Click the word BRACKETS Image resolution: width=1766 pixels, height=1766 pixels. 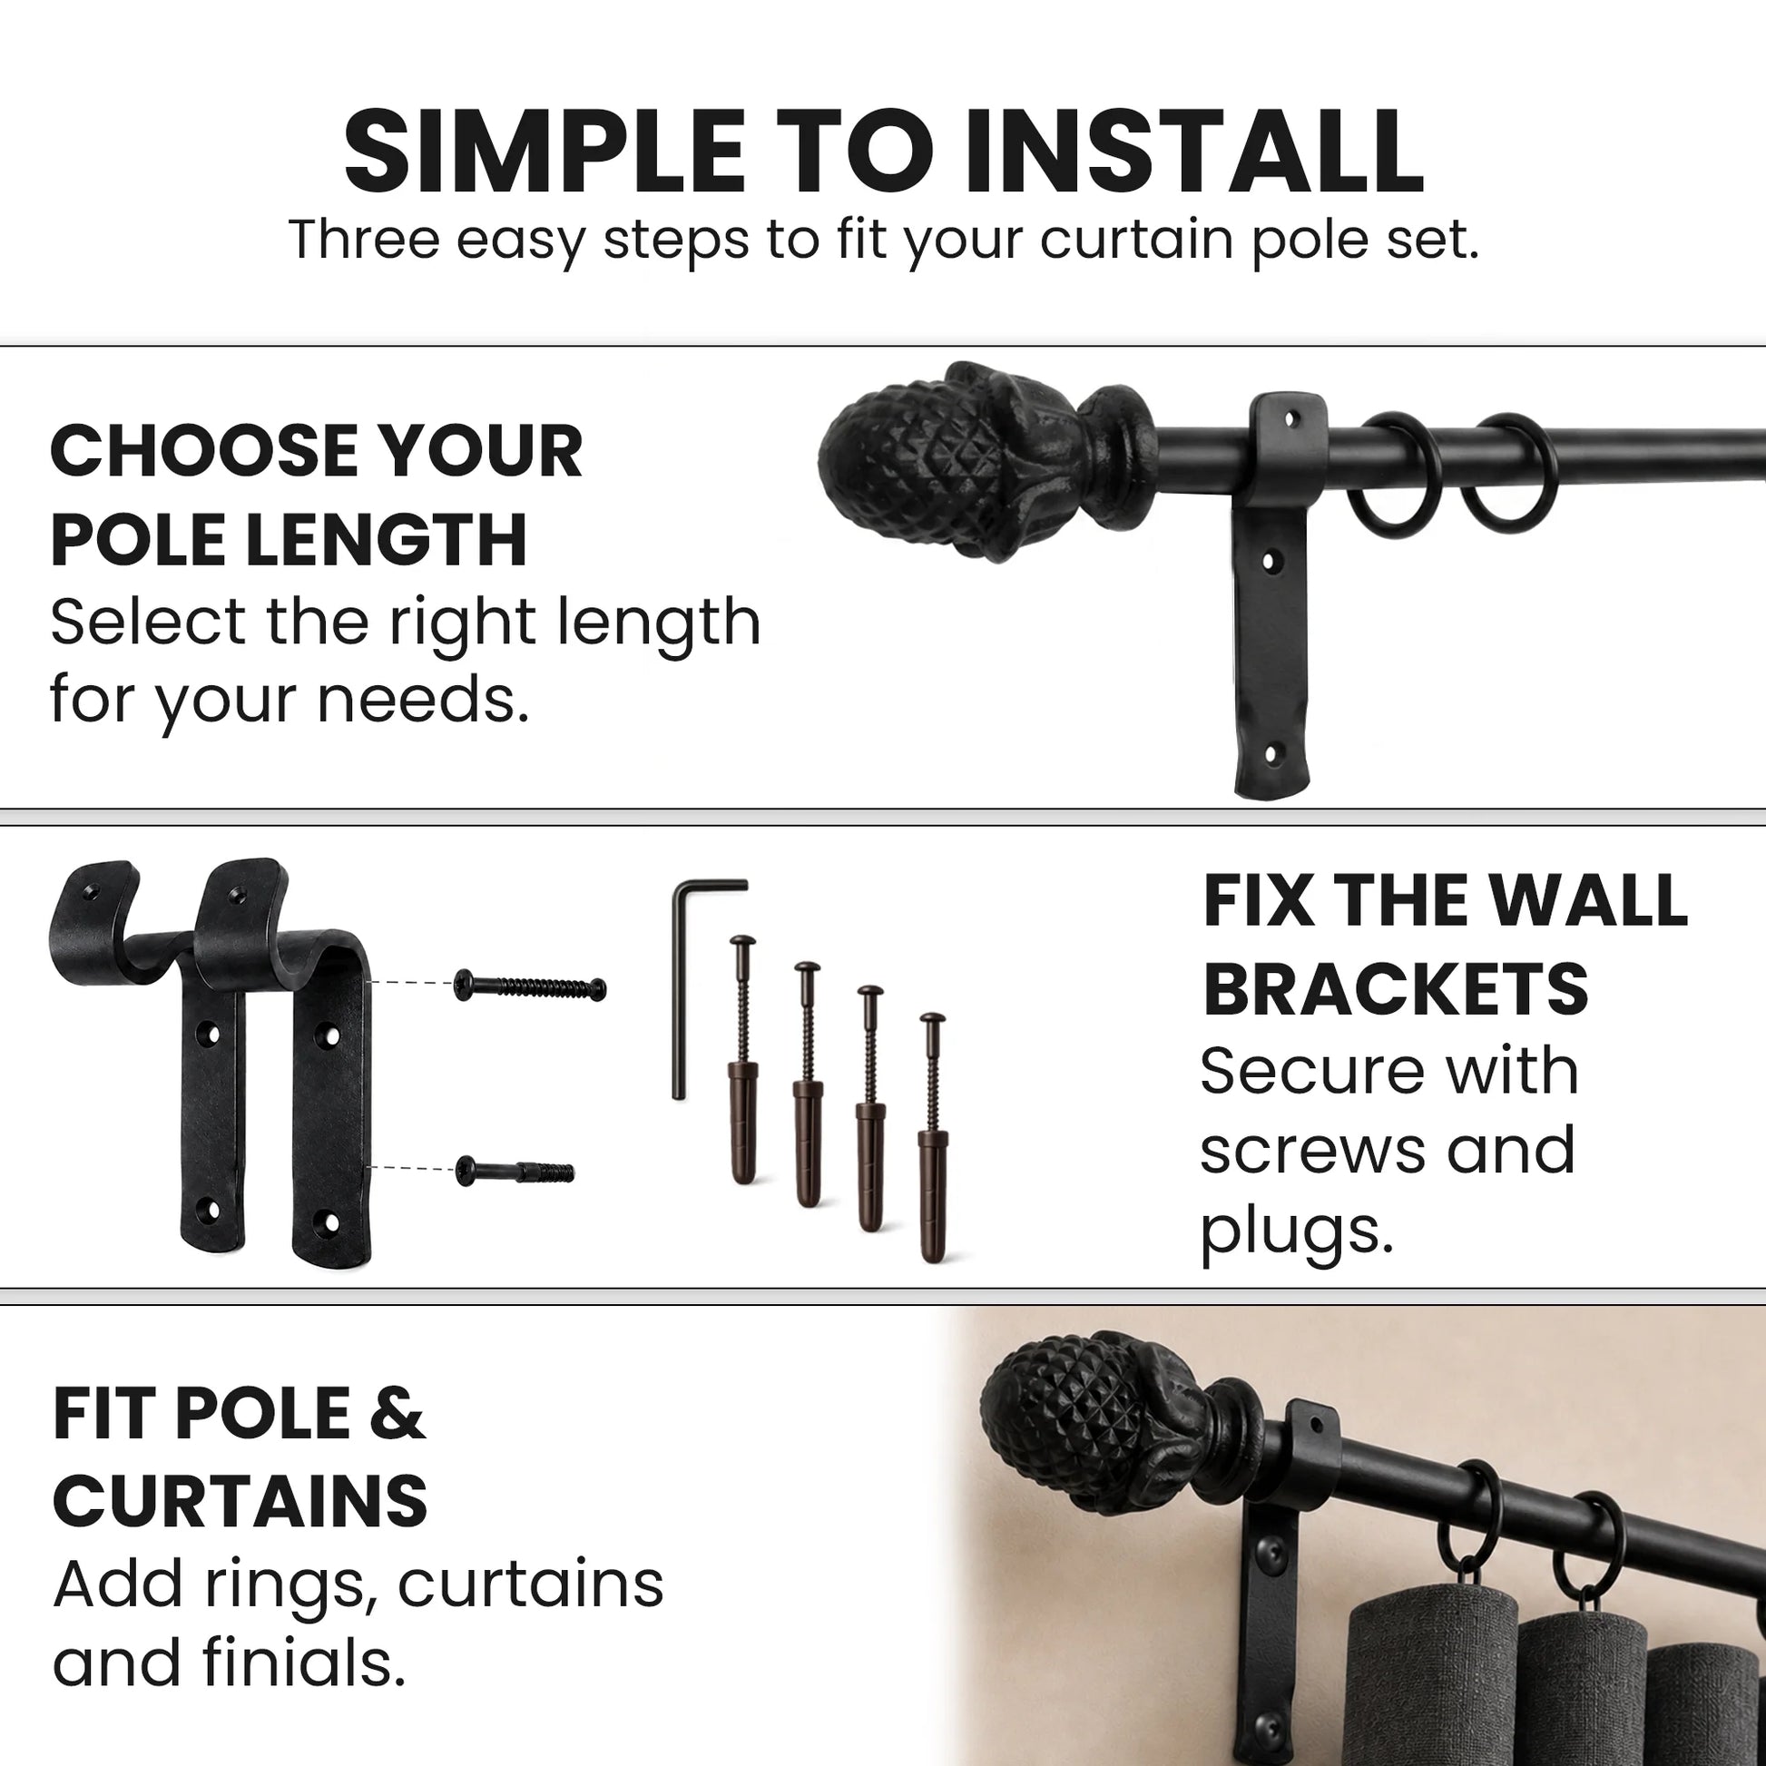coord(1396,990)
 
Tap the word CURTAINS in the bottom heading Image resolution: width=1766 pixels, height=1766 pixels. coord(240,1501)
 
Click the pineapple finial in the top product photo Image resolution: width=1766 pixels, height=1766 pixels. coord(987,460)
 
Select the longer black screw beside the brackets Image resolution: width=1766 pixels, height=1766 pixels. coord(530,987)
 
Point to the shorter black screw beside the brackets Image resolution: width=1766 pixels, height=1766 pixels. coord(515,1170)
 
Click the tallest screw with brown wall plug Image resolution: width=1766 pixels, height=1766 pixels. coord(743,1060)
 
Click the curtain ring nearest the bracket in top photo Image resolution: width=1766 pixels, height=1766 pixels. coord(1396,474)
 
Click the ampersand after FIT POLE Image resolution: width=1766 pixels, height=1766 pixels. coord(397,1413)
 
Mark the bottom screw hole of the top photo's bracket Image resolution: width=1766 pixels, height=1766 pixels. coord(1270,756)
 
